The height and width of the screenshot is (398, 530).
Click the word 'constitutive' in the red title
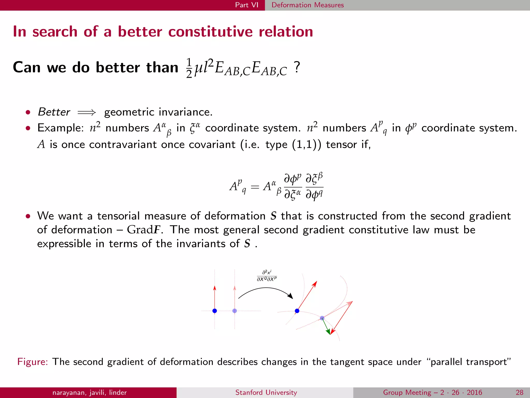coord(210,32)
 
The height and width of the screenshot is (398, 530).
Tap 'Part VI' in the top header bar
coord(246,5)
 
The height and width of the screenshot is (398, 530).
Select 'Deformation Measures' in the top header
coord(307,5)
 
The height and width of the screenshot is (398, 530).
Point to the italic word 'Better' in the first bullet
coord(54,112)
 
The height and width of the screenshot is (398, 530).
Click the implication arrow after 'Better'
coord(87,112)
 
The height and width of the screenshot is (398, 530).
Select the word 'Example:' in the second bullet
coord(61,128)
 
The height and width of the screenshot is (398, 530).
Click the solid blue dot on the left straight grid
coord(215,311)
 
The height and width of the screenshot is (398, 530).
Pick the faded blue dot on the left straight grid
coord(234,311)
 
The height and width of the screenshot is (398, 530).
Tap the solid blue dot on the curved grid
coord(297,311)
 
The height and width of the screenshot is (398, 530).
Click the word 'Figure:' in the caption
coord(33,362)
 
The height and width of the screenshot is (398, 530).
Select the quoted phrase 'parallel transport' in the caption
coord(470,362)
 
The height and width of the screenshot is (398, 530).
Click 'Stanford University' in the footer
coord(266,393)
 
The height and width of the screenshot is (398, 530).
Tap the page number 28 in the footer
coord(519,393)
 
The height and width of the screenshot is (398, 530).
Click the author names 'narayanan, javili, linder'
coord(90,393)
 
